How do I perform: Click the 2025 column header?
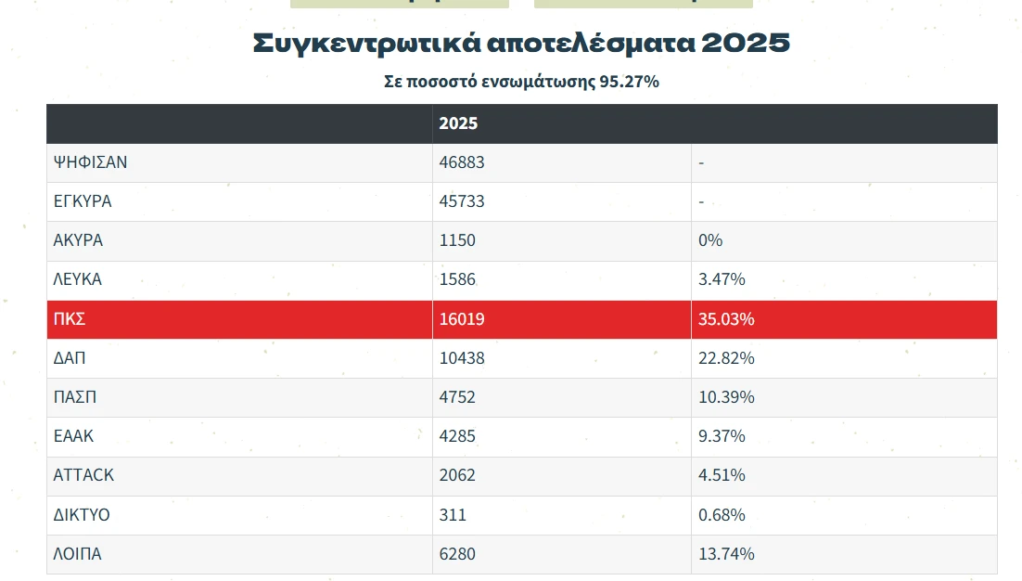pos(458,123)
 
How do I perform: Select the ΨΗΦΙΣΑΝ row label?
pos(90,162)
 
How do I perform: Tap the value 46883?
pos(462,162)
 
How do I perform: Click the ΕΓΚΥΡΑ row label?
pos(83,201)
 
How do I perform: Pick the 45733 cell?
pos(462,201)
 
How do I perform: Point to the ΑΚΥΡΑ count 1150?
pos(457,240)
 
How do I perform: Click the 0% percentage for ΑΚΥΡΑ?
pos(710,240)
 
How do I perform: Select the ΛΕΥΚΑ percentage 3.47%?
pos(722,279)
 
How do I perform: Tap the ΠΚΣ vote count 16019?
pos(462,319)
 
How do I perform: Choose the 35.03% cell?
pos(726,319)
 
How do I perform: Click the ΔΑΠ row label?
pos(70,358)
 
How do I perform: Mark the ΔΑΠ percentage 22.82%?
pos(726,358)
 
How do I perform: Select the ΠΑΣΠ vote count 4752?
pos(457,397)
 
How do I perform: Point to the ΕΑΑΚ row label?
pos(74,436)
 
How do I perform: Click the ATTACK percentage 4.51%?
pos(722,475)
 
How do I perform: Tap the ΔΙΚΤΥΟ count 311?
pos(453,514)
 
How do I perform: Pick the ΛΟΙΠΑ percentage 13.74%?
pos(726,554)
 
